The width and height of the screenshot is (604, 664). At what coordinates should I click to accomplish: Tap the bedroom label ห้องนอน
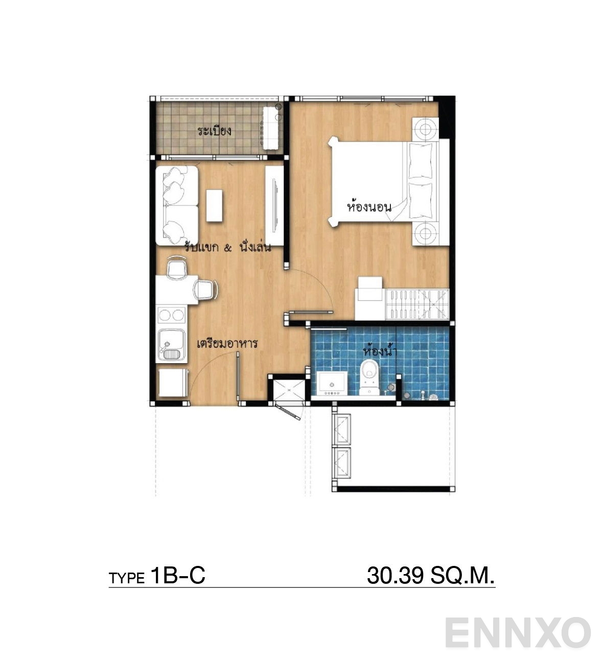(369, 206)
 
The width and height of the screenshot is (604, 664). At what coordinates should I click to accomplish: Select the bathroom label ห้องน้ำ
(380, 350)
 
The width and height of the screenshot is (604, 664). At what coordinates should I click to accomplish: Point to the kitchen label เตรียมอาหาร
(227, 343)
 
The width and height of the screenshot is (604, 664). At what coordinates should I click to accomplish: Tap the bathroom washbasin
(332, 383)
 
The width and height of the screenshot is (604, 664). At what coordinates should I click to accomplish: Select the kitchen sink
(171, 345)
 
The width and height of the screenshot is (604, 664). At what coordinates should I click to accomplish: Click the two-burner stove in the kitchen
(171, 315)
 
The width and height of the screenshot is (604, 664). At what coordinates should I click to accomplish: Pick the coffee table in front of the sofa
(214, 205)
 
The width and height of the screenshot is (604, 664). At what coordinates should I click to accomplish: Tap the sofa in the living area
(177, 205)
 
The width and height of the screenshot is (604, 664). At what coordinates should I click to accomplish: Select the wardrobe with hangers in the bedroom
(417, 304)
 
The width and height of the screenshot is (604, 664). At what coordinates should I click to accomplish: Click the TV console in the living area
(274, 205)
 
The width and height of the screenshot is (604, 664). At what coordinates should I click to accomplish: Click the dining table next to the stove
(177, 290)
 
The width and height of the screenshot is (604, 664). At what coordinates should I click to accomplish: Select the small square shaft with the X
(288, 390)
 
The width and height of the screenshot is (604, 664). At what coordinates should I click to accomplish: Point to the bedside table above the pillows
(425, 128)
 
